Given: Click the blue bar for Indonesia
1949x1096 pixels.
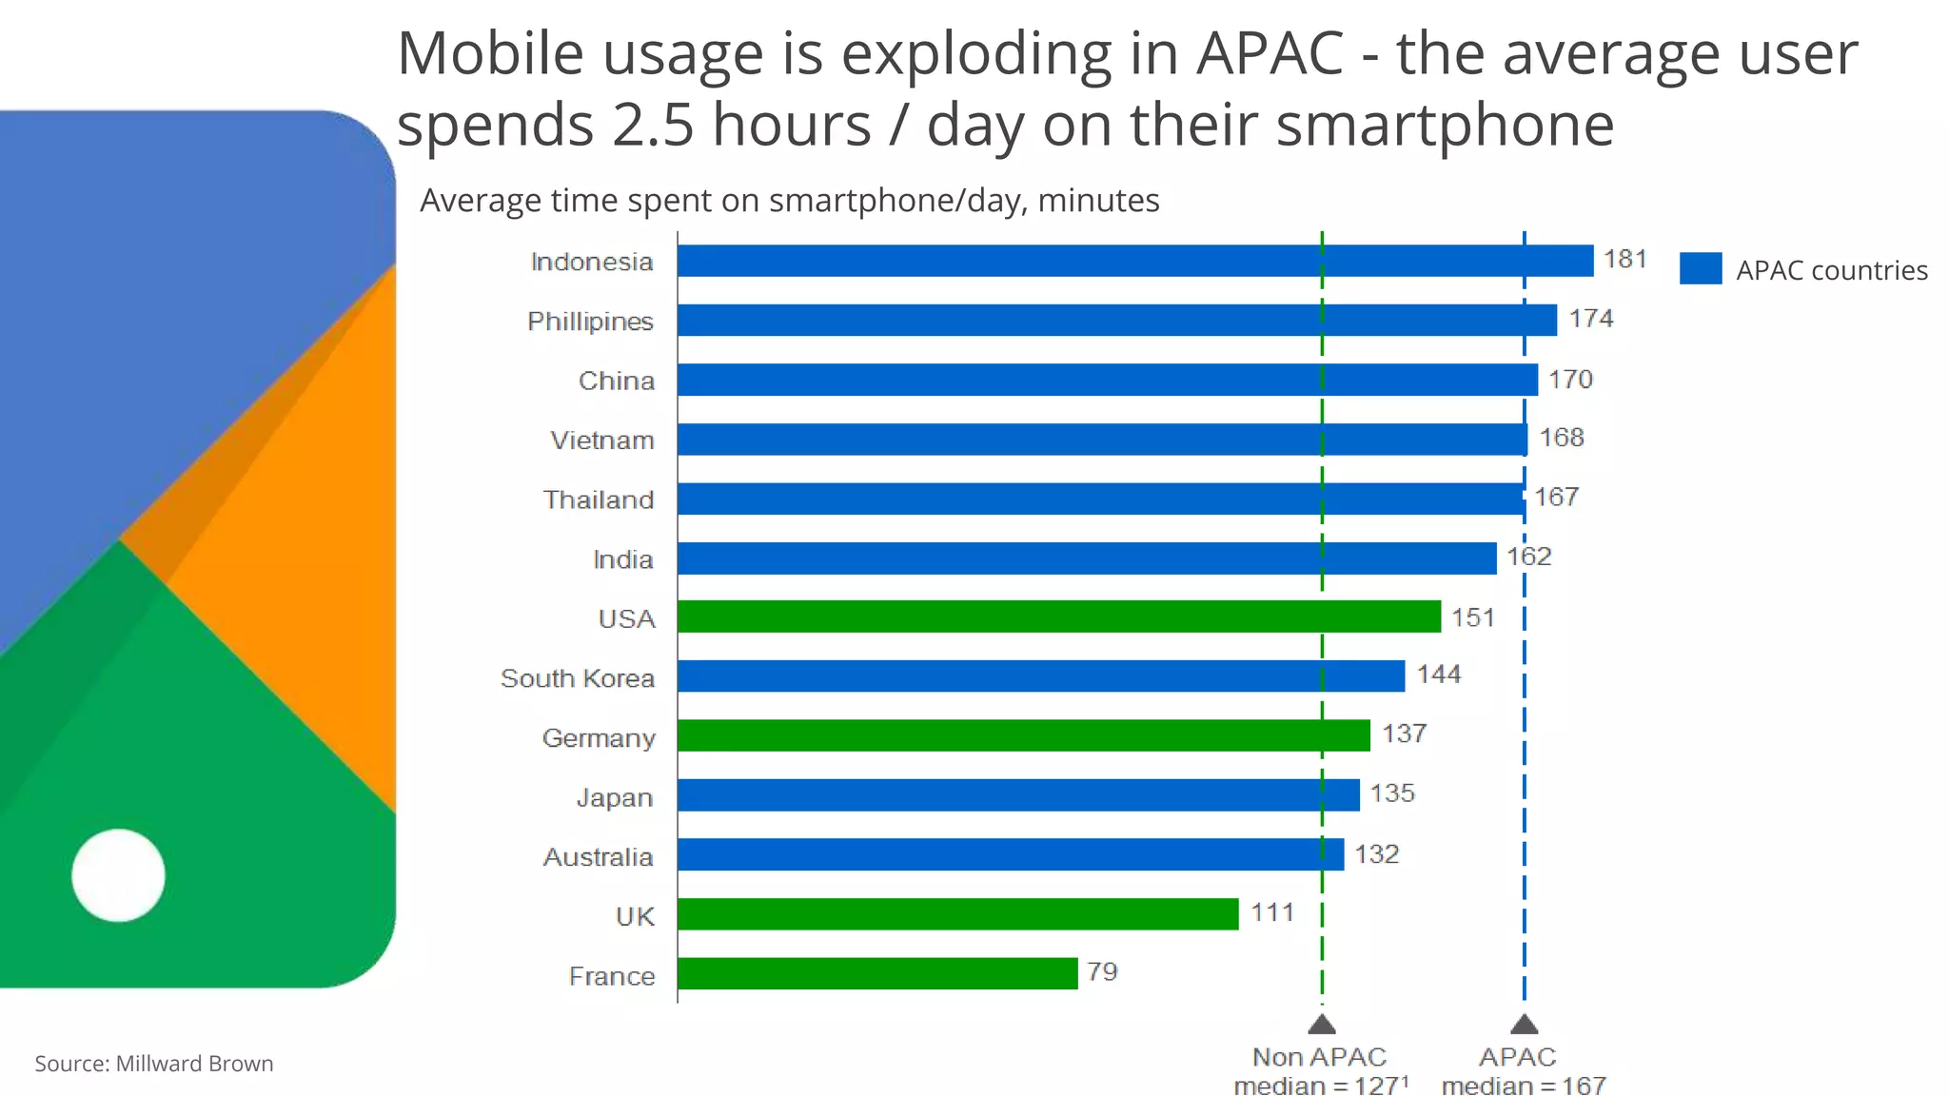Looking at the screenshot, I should coord(1134,261).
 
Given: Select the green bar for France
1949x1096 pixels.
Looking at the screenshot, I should coord(877,973).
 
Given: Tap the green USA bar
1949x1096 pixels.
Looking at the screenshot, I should coord(1058,616).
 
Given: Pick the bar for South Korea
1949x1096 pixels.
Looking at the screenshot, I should coord(1041,675).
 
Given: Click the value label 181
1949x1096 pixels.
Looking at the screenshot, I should coord(1624,259).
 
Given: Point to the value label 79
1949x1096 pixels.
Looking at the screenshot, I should coord(1102,971).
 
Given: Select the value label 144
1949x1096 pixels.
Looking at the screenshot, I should coord(1438,675).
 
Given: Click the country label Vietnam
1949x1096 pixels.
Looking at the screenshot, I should coord(602,440).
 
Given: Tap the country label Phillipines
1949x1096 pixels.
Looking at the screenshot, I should coord(590,322).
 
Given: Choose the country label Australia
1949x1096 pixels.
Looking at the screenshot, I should coord(598,857).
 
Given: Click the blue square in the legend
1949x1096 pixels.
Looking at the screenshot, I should coord(1700,269).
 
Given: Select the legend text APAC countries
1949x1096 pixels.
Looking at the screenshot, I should coord(1831,270).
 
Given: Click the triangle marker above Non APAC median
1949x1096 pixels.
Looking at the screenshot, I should coord(1322,1025).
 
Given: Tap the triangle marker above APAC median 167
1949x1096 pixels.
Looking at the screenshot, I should coord(1524,1025).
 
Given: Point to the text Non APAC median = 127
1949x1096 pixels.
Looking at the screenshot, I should coord(1320,1071).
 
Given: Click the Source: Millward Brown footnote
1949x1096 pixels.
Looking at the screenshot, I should coord(154,1064).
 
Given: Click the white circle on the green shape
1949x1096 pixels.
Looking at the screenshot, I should coord(119,875).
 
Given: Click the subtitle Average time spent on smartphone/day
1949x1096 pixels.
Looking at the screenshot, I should coord(789,201).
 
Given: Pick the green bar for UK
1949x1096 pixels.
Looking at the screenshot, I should coord(957,913).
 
